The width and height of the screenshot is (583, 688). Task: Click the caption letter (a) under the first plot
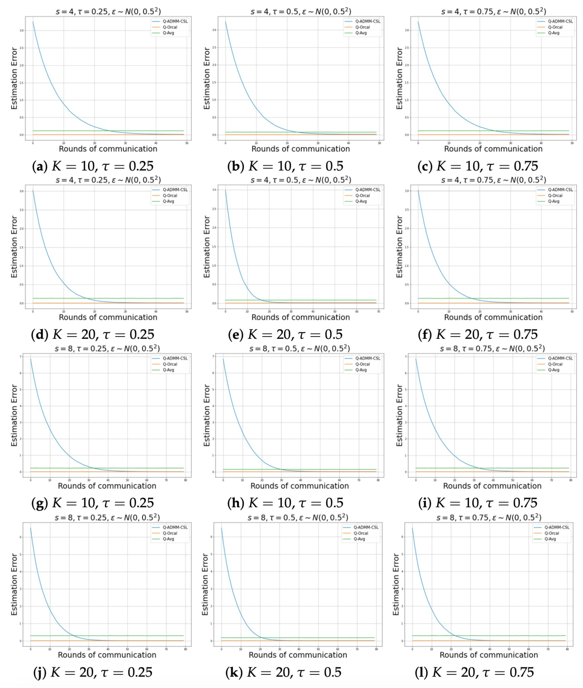pyautogui.click(x=40, y=166)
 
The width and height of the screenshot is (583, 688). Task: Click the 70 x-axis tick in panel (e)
pyautogui.click(x=378, y=312)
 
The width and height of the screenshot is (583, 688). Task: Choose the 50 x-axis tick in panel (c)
pyautogui.click(x=572, y=143)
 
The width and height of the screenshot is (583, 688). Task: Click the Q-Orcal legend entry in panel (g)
pyautogui.click(x=170, y=364)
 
